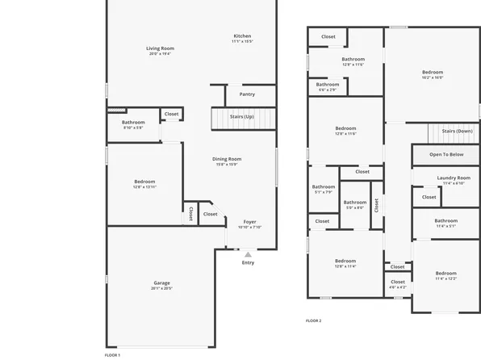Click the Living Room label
click(x=160, y=48)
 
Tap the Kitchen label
click(x=242, y=36)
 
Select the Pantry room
click(x=247, y=94)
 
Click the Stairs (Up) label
click(x=241, y=117)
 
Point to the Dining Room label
click(x=227, y=159)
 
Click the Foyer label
click(x=250, y=222)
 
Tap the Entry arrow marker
click(x=248, y=254)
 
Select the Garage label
click(x=162, y=283)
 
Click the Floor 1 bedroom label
click(x=144, y=182)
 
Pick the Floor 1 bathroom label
click(x=133, y=122)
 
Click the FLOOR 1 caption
click(x=113, y=355)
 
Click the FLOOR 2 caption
click(x=313, y=320)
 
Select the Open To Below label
click(x=445, y=154)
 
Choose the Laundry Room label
click(x=453, y=178)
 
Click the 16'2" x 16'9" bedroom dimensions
click(x=432, y=78)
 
